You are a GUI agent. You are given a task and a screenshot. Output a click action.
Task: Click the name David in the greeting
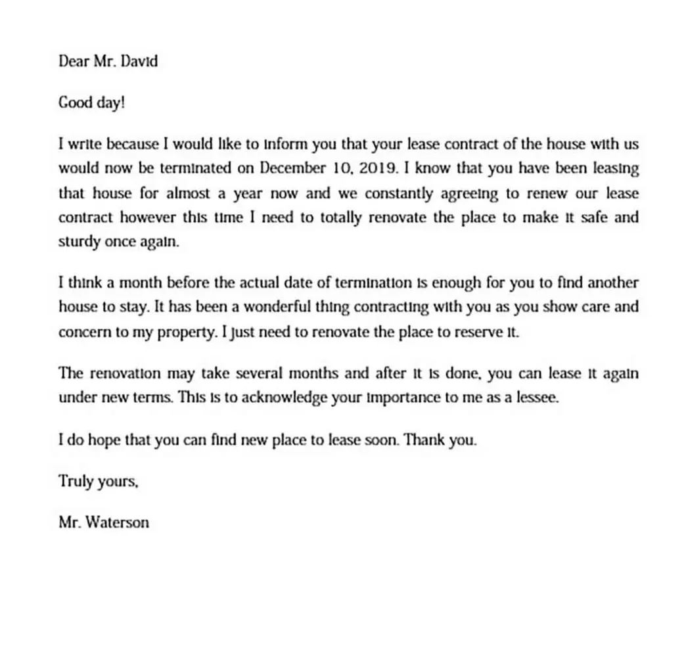point(140,62)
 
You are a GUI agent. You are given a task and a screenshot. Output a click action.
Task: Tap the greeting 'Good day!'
point(91,103)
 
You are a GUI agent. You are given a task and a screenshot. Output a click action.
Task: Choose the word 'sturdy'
point(79,241)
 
